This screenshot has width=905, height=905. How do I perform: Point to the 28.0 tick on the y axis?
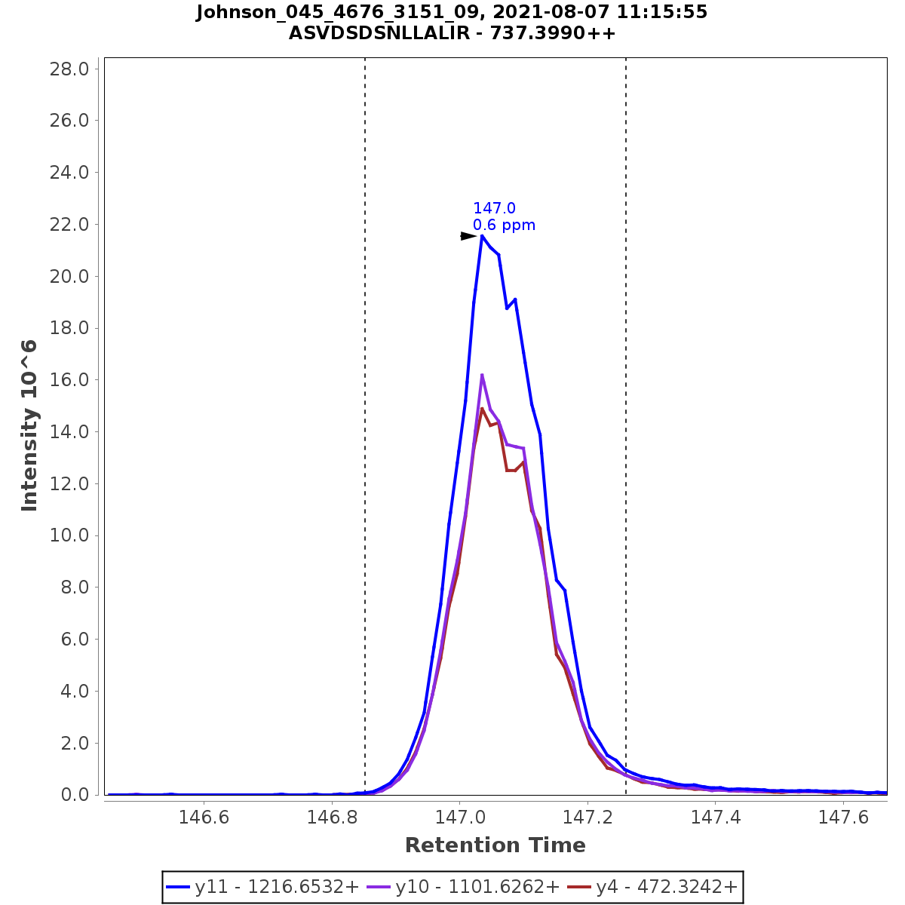click(70, 69)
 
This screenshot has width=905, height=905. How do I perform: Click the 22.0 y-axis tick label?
click(70, 225)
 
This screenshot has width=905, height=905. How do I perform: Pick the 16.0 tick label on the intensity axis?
click(70, 380)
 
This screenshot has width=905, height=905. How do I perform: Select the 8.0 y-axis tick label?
click(75, 587)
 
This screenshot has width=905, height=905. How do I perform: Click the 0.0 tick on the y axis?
click(75, 795)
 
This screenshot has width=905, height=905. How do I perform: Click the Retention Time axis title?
click(495, 845)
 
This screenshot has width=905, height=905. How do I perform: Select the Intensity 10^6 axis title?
click(29, 425)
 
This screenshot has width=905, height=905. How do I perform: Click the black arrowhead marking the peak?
click(468, 236)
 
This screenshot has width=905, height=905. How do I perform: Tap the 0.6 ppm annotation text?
click(504, 225)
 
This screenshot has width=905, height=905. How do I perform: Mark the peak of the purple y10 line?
click(482, 375)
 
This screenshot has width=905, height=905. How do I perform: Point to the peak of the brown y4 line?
click(482, 409)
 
